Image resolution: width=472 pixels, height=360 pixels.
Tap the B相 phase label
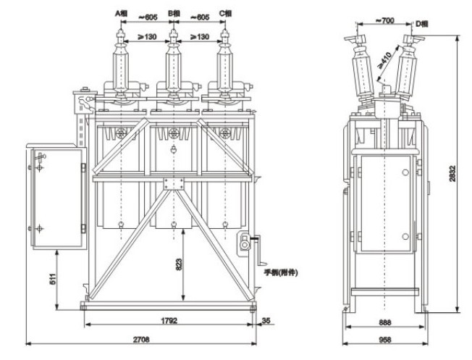(174, 13)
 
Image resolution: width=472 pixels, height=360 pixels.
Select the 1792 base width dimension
(170, 319)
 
